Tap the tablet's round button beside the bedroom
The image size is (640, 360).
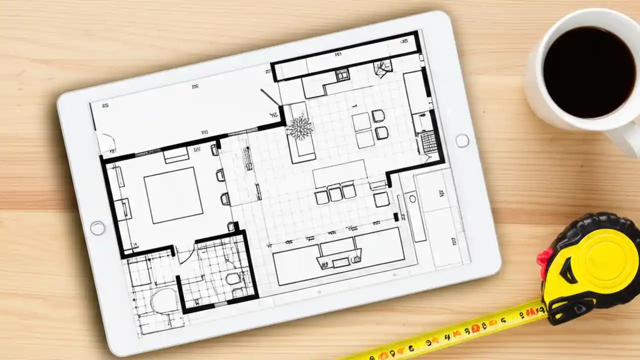97,228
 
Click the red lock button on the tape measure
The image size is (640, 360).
543,258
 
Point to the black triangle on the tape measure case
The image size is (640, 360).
567,272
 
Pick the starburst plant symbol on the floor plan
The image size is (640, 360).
300,127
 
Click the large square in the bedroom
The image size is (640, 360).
173,195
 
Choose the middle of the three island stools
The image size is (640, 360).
335,192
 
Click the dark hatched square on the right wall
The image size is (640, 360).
429,142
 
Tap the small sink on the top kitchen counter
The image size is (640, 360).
342,75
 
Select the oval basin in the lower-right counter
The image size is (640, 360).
412,198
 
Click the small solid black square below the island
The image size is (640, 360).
396,217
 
